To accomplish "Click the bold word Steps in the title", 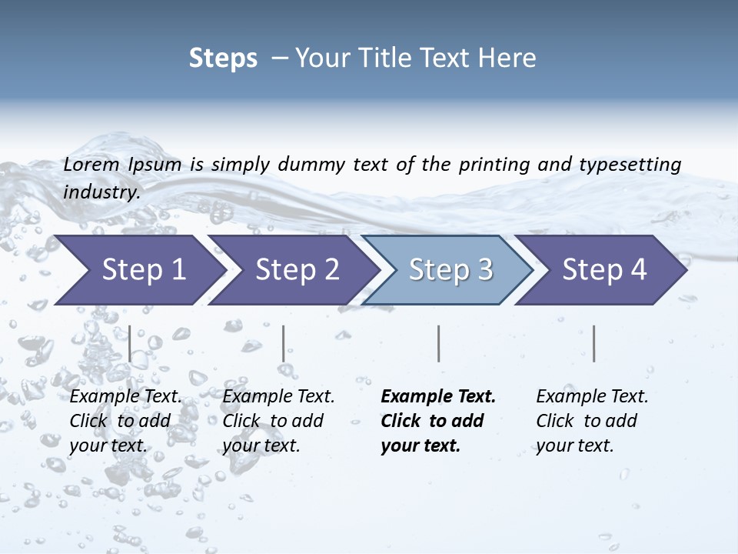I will point(223,58).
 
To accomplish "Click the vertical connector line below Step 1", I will point(130,343).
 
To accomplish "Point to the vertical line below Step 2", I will point(284,343).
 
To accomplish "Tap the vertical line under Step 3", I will point(438,343).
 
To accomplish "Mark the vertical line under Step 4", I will point(593,343).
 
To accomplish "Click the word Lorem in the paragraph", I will point(91,164).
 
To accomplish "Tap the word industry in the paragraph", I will point(101,192).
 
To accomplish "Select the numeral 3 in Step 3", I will point(484,269).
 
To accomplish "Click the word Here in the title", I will point(510,58).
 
